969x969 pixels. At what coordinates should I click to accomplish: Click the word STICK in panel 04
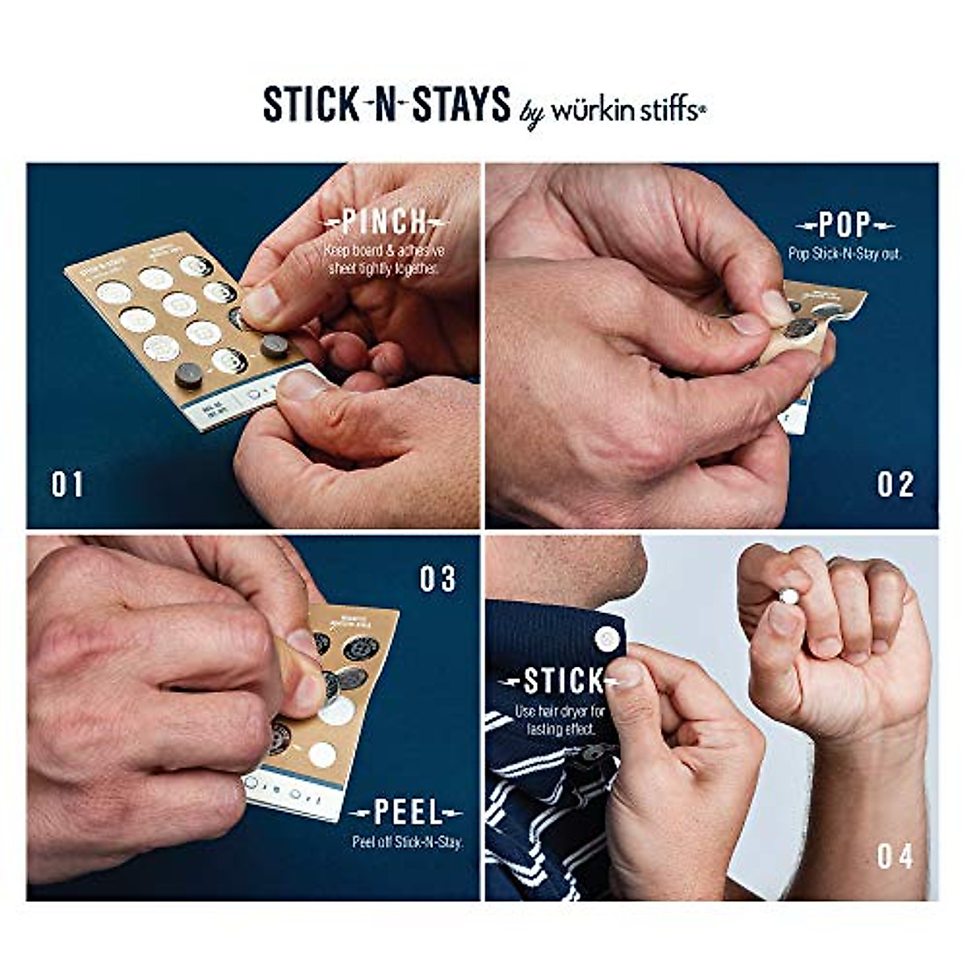563,682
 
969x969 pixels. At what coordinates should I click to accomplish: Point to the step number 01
67,485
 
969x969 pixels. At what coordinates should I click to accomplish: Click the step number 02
896,484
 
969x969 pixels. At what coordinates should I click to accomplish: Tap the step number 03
438,578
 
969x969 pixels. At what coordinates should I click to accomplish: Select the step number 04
895,856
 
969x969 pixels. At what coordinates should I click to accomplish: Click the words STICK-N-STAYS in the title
387,105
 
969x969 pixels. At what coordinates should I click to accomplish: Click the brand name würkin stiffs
628,111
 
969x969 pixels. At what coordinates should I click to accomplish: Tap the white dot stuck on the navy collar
606,640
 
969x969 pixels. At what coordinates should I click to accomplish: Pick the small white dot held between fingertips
788,597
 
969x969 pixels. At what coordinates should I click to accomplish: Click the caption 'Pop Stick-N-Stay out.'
844,253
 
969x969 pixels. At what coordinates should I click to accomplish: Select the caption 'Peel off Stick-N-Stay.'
407,842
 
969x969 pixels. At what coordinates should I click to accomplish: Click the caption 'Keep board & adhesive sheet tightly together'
384,258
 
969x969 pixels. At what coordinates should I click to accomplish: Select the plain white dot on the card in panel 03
322,755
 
